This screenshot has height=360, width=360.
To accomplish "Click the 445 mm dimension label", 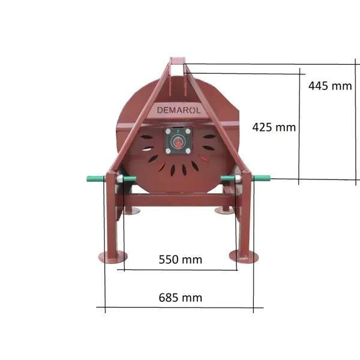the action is tap(330, 86).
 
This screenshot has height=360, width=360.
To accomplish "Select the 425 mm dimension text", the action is tap(274, 127).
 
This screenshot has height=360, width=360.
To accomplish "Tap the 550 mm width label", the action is tap(181, 259).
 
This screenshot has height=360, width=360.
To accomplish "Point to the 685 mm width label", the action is tap(181, 298).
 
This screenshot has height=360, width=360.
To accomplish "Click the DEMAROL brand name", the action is tap(179, 110).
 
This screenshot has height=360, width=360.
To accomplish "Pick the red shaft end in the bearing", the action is tap(178, 143).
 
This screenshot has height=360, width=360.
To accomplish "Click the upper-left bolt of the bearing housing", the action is tap(168, 131).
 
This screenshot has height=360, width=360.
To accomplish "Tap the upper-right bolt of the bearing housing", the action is tap(188, 131).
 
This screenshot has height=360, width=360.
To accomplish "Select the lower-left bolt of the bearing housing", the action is tap(168, 151).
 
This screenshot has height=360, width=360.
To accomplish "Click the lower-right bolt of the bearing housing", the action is tap(188, 151).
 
